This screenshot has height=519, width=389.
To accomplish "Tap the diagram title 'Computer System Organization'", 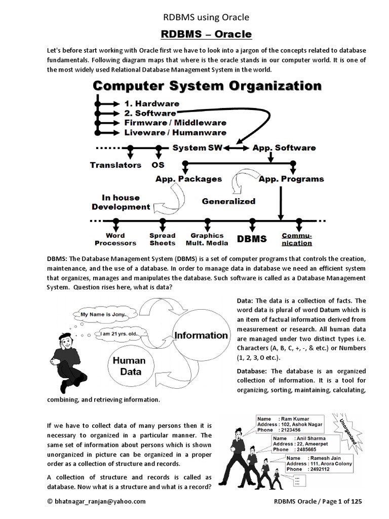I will click(207, 86).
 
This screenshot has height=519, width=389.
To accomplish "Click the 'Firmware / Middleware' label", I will click(175, 123).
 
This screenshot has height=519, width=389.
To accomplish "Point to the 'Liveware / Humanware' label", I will click(175, 133).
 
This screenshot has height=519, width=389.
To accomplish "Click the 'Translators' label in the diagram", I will click(115, 165).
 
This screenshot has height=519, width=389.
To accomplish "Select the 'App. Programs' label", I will click(291, 179).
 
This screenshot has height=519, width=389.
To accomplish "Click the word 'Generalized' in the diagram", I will click(228, 201).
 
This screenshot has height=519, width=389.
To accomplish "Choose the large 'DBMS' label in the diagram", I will click(252, 238).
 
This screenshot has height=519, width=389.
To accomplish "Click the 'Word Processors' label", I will click(115, 239).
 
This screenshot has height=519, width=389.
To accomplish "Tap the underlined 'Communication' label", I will click(297, 239).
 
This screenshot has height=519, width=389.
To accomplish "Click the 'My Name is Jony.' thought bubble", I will click(103, 314).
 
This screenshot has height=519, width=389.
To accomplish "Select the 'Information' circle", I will click(201, 335).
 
